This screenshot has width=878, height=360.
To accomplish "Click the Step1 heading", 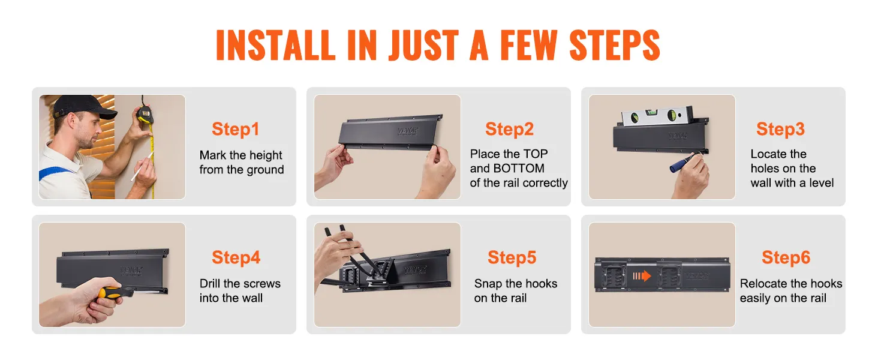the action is point(236,130).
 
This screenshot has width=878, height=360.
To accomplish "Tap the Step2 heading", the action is point(510,129).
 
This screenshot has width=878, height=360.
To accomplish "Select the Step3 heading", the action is point(780,129).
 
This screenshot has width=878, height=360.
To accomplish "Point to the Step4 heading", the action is point(236,257).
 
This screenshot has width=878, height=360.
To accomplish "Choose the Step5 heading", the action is point(512,257).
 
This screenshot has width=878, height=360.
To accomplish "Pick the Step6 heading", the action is point(786,257).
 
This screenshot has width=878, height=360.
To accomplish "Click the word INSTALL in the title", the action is point(275,45).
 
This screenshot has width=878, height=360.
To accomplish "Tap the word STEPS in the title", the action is point(615,45).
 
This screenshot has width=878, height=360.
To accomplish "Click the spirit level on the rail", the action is point(657,116).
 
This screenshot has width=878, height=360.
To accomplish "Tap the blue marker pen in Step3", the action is point(684,163).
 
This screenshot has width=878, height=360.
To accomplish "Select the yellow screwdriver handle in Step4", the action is point(110,293).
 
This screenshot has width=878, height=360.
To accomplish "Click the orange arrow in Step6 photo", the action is point(642,276).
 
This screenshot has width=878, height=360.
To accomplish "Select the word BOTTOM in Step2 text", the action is point(519,168).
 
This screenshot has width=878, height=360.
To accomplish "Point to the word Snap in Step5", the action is point(488,284).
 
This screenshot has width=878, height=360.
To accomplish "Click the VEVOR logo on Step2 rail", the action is point(408,131).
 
